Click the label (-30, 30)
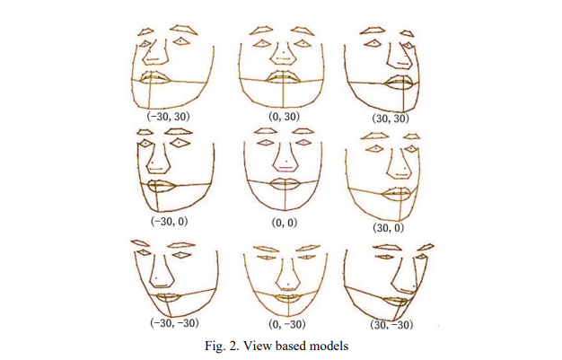point(168,116)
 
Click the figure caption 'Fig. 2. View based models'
point(281,344)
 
